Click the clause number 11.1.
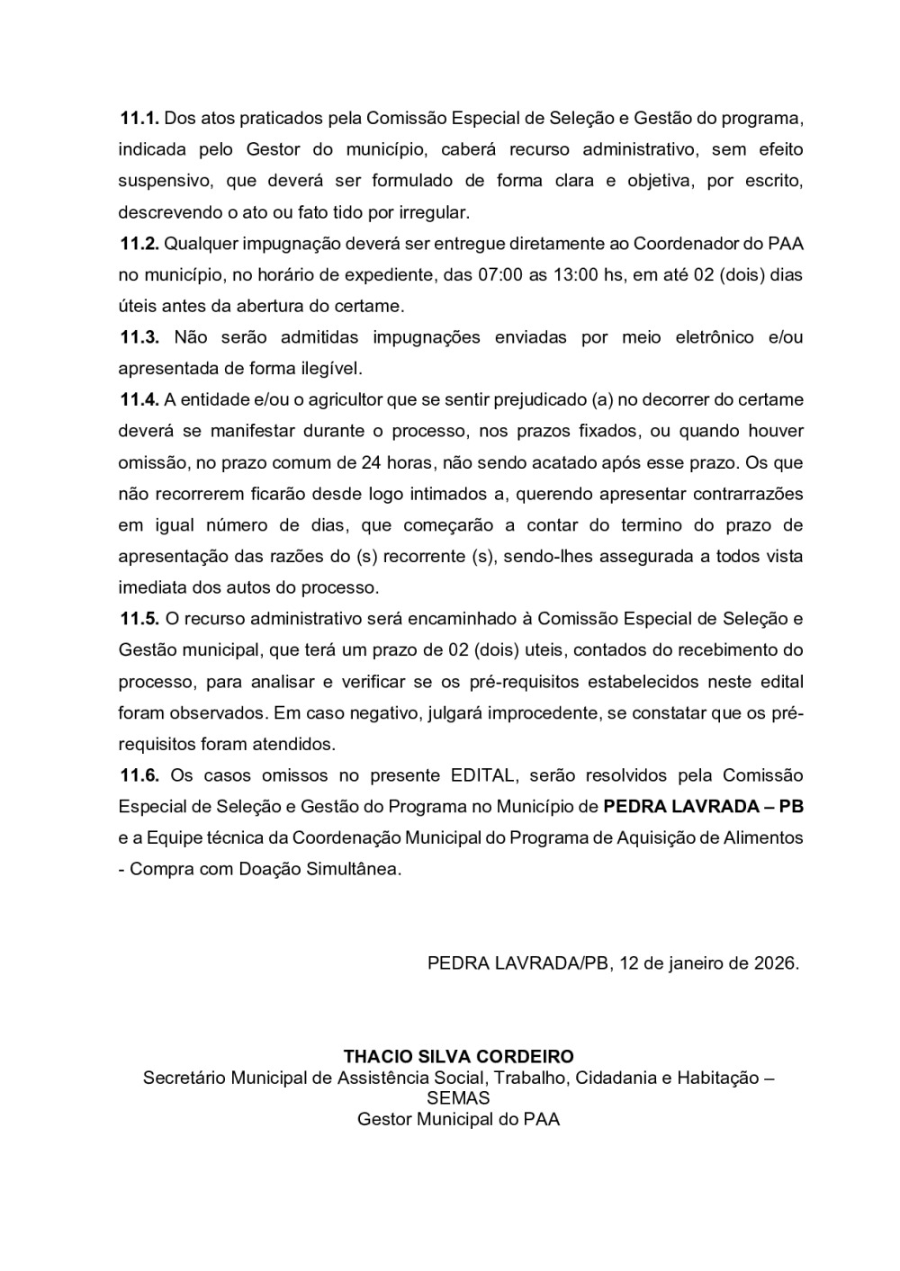(139, 118)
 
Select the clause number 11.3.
(139, 337)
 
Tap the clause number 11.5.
(139, 619)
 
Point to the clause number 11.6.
(139, 775)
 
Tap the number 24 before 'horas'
(370, 462)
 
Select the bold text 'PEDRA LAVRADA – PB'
(703, 806)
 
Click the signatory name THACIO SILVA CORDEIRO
(458, 1057)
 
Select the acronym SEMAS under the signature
(458, 1098)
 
